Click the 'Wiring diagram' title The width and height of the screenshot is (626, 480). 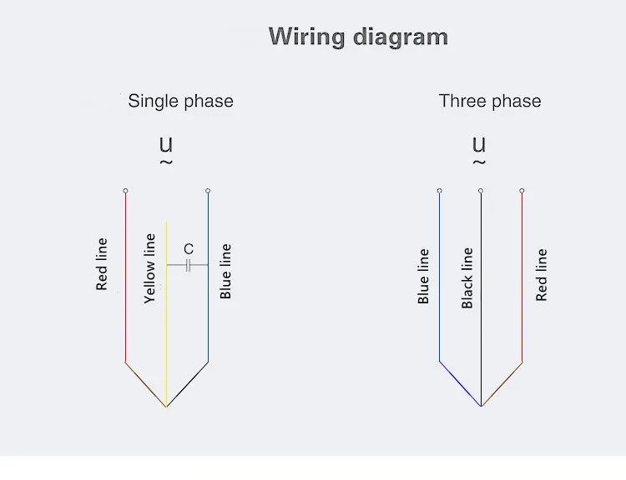point(358,37)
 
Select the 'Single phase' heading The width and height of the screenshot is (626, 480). point(180,102)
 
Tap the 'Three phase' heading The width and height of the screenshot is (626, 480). point(490,102)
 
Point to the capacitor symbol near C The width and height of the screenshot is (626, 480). point(188,265)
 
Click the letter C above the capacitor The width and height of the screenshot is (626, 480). point(189,249)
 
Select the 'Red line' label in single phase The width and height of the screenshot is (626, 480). point(102,264)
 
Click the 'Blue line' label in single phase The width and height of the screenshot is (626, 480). point(225,272)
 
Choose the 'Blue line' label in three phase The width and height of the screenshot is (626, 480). point(423,276)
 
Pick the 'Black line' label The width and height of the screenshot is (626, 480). point(467,277)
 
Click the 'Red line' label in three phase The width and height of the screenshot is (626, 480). point(542,274)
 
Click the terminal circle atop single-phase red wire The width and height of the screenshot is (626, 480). point(125,191)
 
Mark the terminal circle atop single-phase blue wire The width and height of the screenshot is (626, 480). point(208,191)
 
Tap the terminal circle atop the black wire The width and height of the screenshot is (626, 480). point(481,191)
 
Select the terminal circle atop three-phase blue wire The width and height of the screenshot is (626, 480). point(439,191)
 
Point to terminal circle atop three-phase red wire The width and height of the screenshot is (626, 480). point(522,191)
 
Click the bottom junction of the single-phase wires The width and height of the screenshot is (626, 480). point(166,406)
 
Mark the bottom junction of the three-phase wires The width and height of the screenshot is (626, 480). point(481,406)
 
